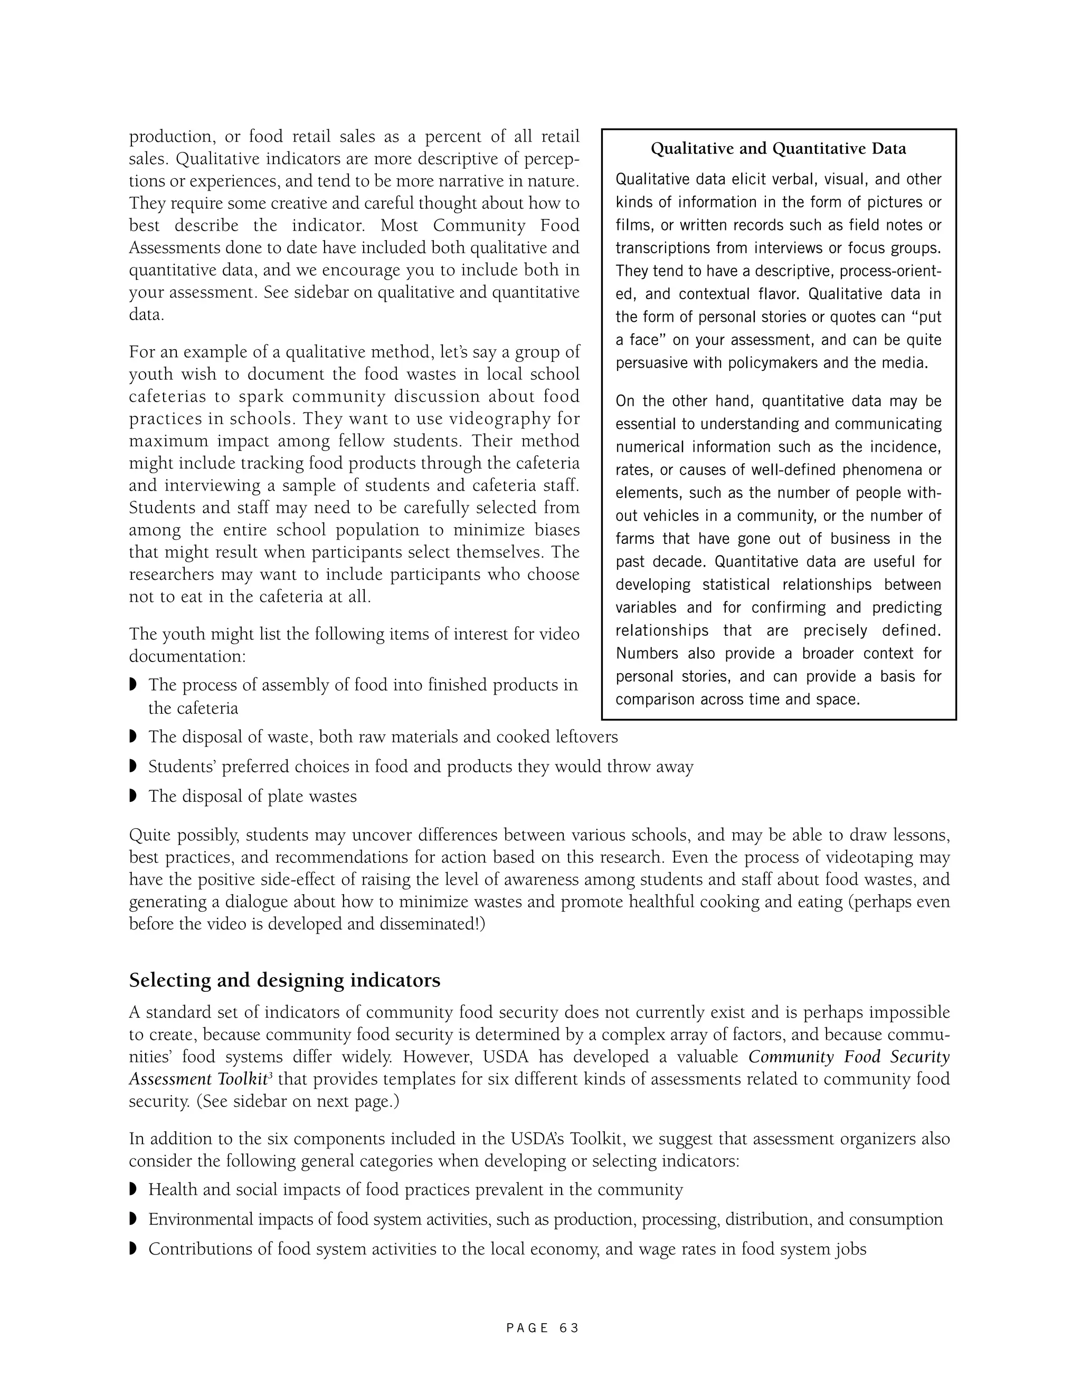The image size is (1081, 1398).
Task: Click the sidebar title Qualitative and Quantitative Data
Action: tap(778, 149)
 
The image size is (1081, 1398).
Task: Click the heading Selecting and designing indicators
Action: tap(285, 981)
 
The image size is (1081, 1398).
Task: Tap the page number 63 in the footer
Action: tap(568, 1328)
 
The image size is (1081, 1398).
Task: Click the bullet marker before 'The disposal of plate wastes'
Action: tap(133, 796)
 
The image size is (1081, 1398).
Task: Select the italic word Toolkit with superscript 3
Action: tap(242, 1079)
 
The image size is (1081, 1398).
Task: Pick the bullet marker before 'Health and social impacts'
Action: tap(133, 1189)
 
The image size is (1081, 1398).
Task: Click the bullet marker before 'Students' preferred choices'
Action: tap(133, 766)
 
